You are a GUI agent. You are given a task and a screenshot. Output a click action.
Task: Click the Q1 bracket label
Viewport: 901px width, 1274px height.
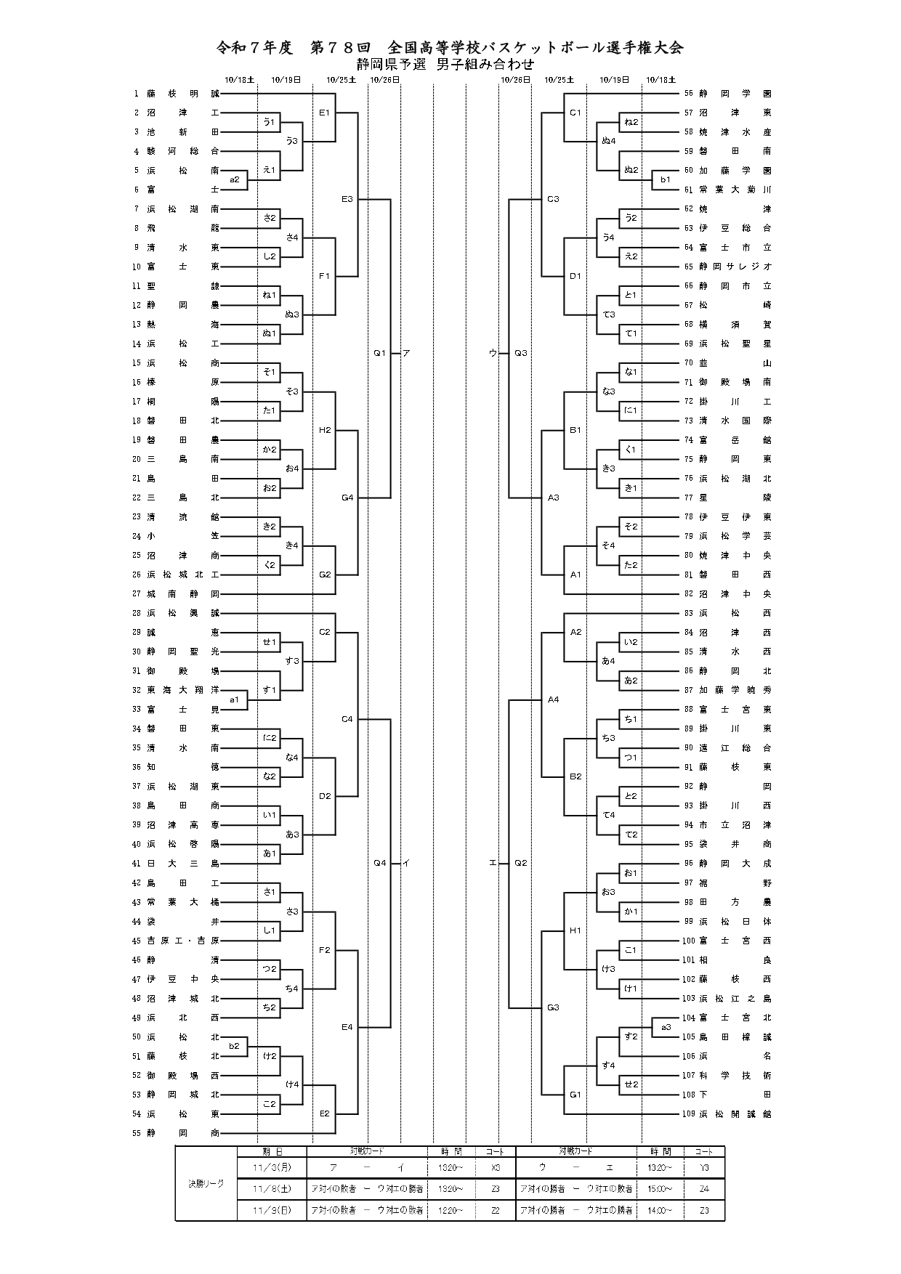pyautogui.click(x=379, y=353)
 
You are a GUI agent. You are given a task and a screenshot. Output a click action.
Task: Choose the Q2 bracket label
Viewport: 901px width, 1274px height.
pyautogui.click(x=520, y=863)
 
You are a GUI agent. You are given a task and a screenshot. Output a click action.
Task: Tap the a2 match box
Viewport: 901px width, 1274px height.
pyautogui.click(x=235, y=179)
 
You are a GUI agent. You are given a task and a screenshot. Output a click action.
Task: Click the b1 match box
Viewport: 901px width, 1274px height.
pyautogui.click(x=665, y=179)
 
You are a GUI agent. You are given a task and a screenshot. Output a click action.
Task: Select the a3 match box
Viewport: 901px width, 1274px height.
pyautogui.click(x=666, y=1027)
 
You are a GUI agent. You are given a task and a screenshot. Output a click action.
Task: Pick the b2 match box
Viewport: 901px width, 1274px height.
pyautogui.click(x=234, y=1046)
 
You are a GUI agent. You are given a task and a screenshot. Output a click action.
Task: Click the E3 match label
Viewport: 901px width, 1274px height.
pyautogui.click(x=347, y=199)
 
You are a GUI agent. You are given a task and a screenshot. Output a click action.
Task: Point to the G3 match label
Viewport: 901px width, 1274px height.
pyautogui.click(x=553, y=1007)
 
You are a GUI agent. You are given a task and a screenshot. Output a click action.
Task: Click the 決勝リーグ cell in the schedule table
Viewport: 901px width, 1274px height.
pyautogui.click(x=206, y=1183)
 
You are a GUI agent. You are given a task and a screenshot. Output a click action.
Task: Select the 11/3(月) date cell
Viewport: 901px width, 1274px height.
pyautogui.click(x=272, y=1167)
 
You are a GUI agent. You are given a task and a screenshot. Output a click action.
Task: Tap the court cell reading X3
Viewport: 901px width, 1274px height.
pyautogui.click(x=495, y=1167)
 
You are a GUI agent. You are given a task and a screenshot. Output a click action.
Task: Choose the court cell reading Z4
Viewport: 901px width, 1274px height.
pyautogui.click(x=704, y=1189)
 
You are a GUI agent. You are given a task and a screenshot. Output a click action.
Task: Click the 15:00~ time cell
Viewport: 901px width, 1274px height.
pyautogui.click(x=660, y=1189)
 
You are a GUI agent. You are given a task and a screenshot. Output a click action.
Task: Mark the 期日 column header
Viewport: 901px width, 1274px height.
pyautogui.click(x=272, y=1151)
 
